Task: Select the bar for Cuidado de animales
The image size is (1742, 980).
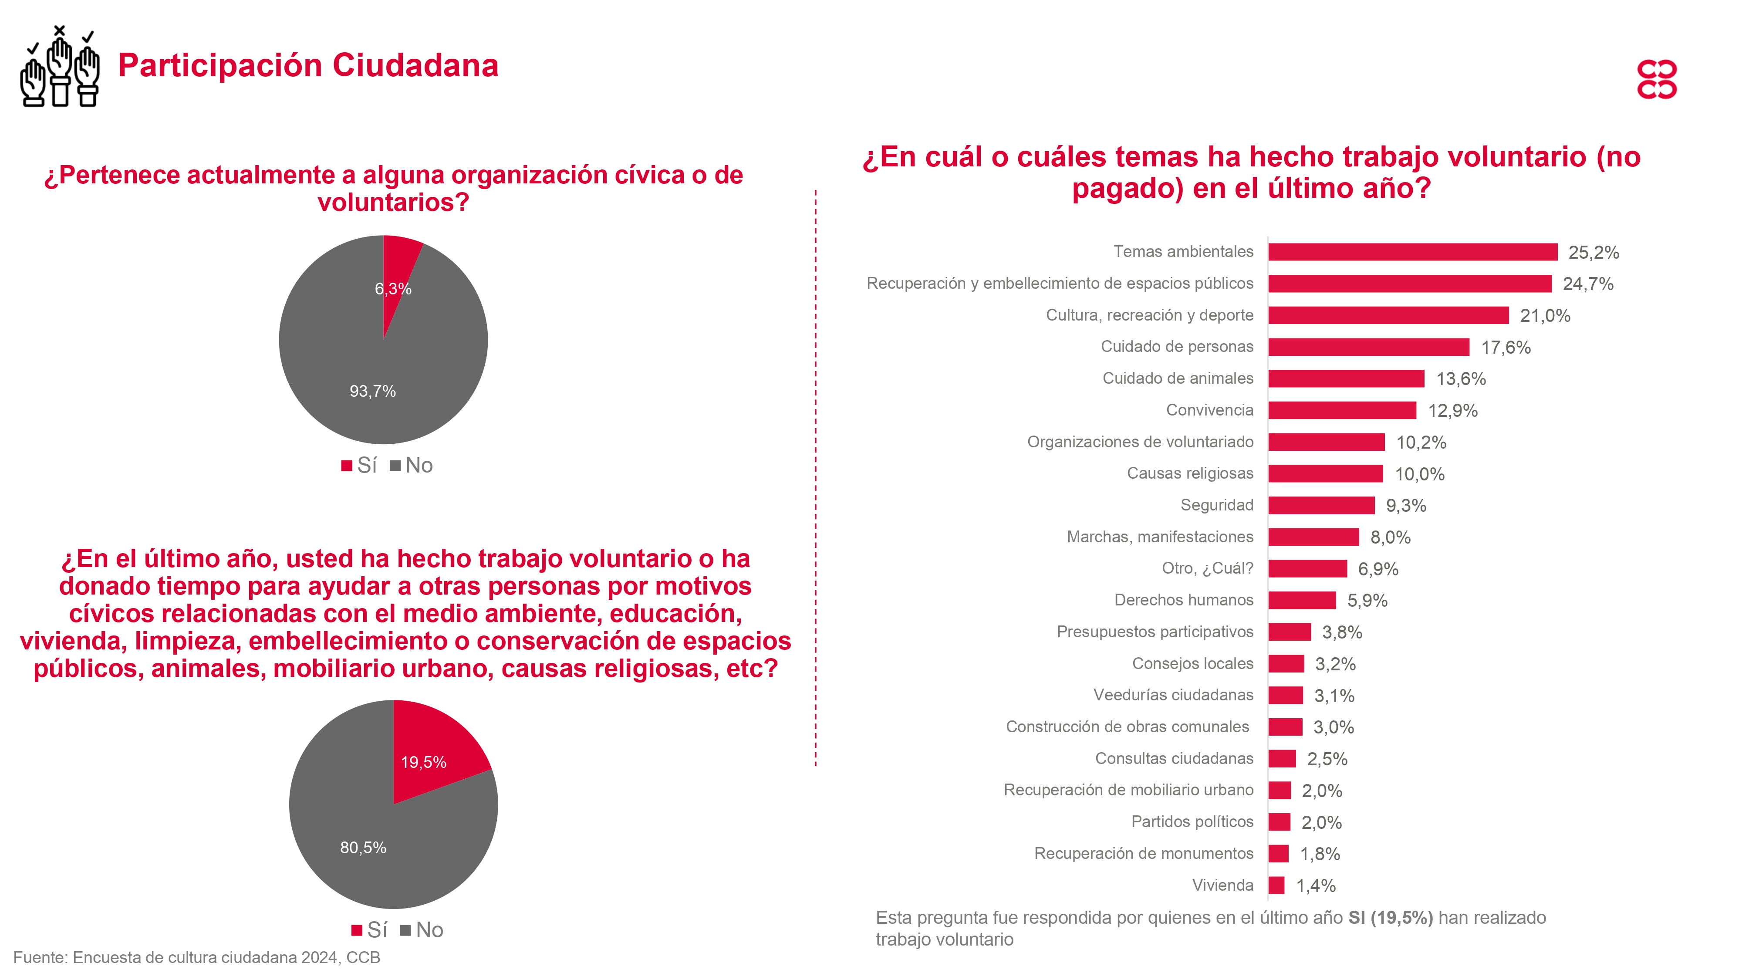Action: coord(1346,379)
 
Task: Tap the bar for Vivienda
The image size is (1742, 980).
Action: coord(1276,885)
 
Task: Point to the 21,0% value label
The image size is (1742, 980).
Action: coord(1545,316)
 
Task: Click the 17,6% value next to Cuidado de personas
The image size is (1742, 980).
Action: coord(1506,348)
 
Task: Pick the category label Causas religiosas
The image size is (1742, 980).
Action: coord(1189,473)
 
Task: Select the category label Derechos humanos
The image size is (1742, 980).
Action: coord(1183,600)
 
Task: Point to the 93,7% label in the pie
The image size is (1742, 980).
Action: coord(373,391)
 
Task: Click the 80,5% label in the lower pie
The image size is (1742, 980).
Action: coord(363,848)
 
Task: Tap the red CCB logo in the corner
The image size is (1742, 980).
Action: coord(1656,80)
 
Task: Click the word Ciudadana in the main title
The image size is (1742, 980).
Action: coord(415,66)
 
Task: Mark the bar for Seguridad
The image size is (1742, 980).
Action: coord(1321,505)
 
